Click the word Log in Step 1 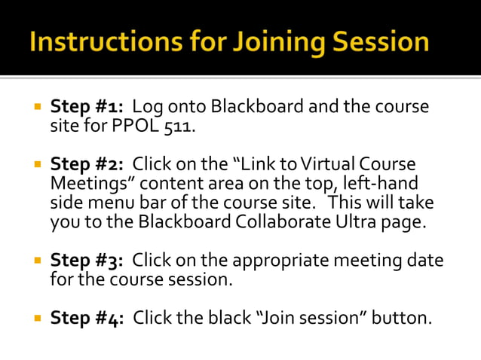(x=147, y=106)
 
